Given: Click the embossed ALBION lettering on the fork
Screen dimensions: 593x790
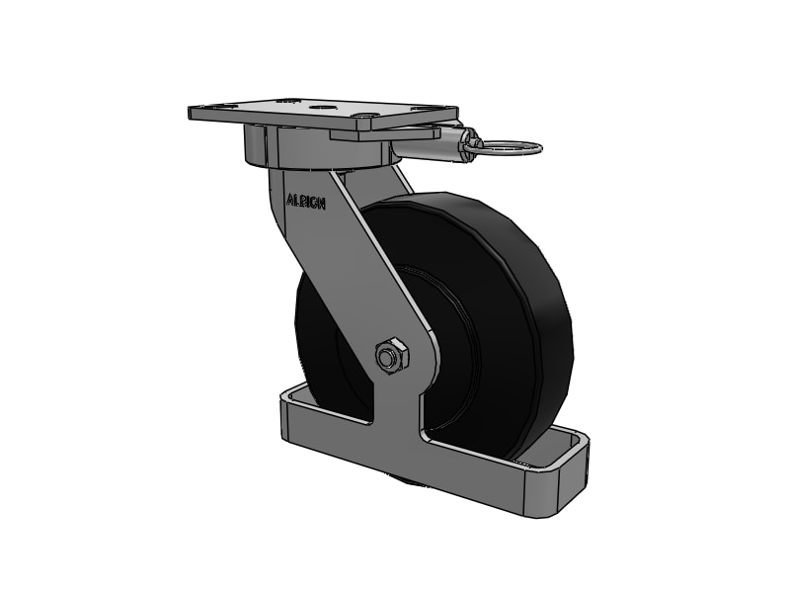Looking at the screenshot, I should click(x=305, y=201).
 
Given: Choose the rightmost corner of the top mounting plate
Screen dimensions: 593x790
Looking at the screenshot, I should click(x=456, y=111).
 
